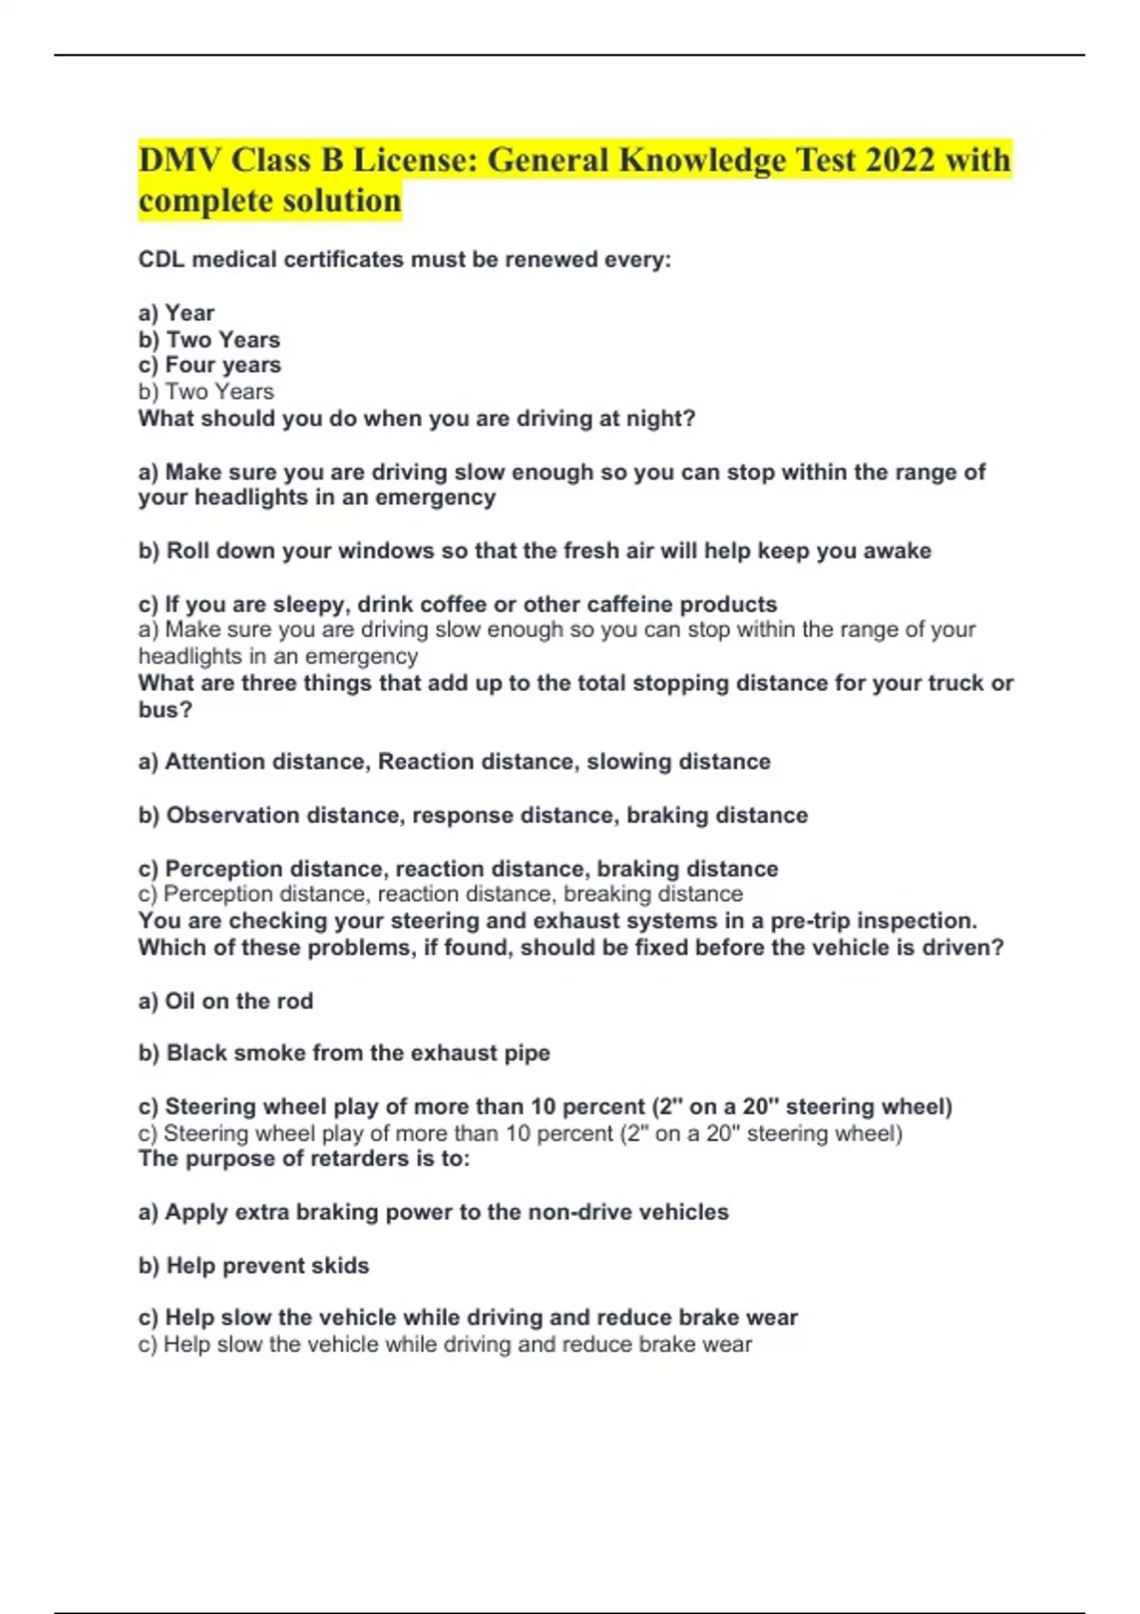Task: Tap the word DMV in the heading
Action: click(x=179, y=160)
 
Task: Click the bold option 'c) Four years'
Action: click(x=210, y=366)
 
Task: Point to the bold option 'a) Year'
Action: click(x=177, y=313)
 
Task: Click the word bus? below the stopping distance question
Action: click(x=165, y=710)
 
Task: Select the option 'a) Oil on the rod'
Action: click(x=226, y=1002)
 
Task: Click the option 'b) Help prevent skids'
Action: click(x=254, y=1266)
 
